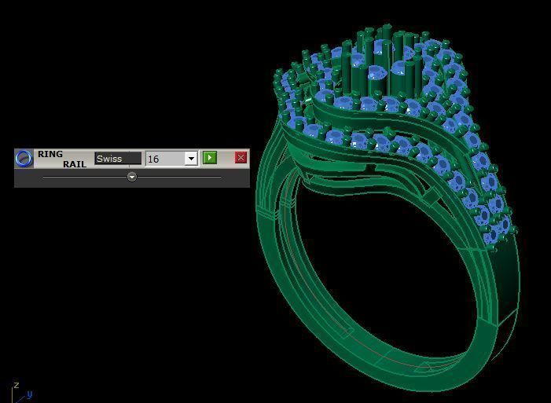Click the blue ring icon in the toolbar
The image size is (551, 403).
(x=24, y=158)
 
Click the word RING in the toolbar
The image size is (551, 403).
(x=50, y=154)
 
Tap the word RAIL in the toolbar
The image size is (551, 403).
(x=75, y=164)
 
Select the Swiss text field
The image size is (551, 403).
(x=118, y=159)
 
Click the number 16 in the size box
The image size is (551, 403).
(x=154, y=159)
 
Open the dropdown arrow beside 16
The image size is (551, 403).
(x=190, y=159)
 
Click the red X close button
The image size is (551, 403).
(x=241, y=158)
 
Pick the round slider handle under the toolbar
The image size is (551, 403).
(x=132, y=177)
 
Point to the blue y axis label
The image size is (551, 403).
(x=29, y=394)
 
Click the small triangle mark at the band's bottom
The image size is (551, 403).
(x=425, y=365)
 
